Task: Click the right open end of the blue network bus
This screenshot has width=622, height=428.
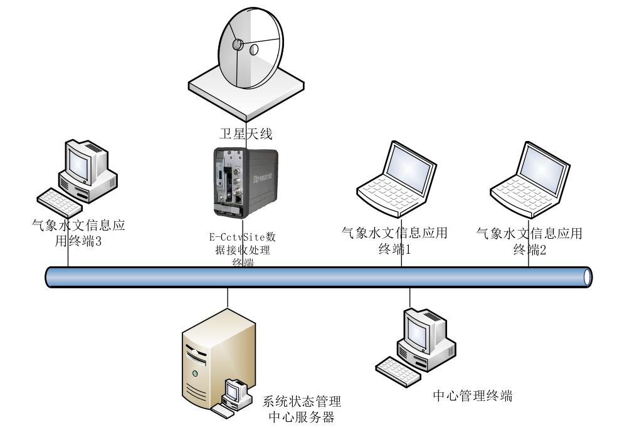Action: click(x=587, y=276)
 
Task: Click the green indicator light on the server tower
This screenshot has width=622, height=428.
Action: click(x=196, y=374)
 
